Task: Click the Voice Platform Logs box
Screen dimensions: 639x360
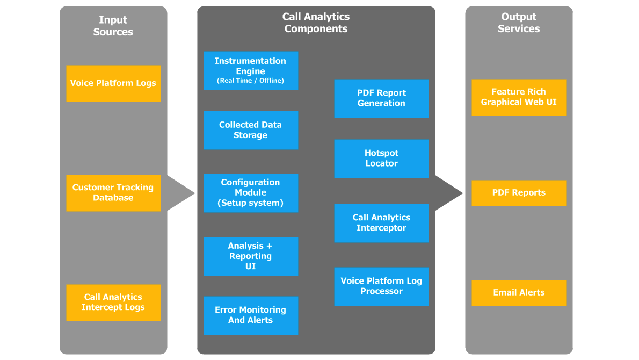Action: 113,83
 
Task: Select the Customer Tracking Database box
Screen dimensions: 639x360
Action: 113,193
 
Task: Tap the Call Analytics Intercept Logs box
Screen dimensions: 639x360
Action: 113,303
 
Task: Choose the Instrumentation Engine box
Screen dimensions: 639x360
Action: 251,70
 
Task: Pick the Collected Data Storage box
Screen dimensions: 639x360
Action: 251,130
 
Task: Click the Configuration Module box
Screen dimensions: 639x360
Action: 251,193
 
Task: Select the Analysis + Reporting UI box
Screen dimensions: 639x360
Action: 251,256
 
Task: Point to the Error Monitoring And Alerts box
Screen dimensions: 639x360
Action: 251,315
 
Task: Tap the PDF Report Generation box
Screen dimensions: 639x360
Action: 381,98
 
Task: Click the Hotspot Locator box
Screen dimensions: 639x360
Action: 381,159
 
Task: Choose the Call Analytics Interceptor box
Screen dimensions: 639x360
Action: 381,223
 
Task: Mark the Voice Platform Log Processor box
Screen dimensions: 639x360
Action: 381,286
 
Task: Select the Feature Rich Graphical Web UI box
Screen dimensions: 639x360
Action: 519,97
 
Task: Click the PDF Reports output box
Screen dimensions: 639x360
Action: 519,193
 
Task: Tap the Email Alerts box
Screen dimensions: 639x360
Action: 519,293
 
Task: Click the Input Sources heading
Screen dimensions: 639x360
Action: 113,26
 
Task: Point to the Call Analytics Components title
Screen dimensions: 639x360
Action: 316,23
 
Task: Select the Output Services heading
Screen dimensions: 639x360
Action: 519,23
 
